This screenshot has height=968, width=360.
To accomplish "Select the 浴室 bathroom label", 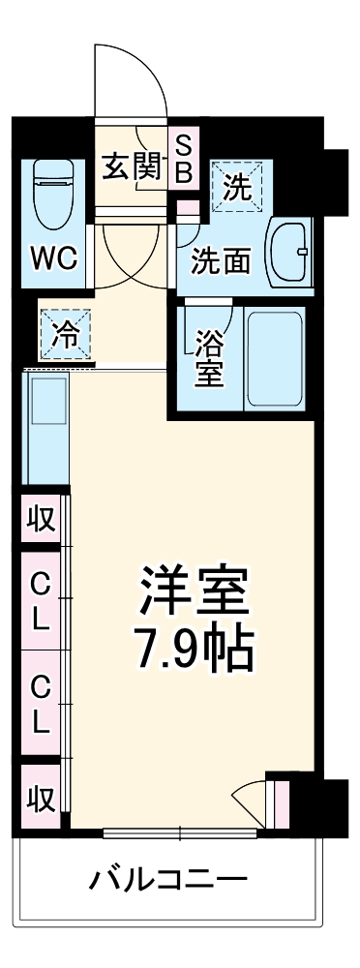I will (207, 358).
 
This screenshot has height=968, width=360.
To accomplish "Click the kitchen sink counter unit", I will (45, 426).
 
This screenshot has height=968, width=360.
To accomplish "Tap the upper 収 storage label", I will (40, 520).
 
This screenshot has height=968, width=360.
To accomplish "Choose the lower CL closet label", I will (40, 704).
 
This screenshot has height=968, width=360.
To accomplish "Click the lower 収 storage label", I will (40, 800).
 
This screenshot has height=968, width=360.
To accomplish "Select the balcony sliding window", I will (180, 832).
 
